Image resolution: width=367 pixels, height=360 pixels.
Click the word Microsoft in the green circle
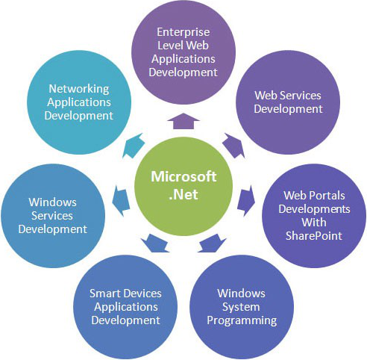point(183,176)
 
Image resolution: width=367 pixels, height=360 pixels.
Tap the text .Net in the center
point(183,194)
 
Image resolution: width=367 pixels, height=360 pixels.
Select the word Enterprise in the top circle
point(183,32)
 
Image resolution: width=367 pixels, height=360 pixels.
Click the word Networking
point(79,89)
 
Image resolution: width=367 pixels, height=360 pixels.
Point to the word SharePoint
point(314,235)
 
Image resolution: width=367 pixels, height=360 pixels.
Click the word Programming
point(242,320)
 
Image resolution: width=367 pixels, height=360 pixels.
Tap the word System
point(241,307)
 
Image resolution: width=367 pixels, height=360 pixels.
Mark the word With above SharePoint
point(314,222)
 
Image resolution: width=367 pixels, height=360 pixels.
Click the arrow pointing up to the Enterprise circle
point(183,121)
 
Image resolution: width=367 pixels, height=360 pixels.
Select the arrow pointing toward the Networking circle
point(134,146)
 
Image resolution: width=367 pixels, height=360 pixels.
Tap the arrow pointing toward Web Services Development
point(233,146)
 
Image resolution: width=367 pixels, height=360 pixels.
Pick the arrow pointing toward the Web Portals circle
point(246,201)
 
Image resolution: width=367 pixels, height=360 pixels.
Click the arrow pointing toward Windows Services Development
point(121,201)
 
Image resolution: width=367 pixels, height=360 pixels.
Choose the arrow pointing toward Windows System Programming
point(212,243)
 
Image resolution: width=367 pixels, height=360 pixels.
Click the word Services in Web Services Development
point(304,96)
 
